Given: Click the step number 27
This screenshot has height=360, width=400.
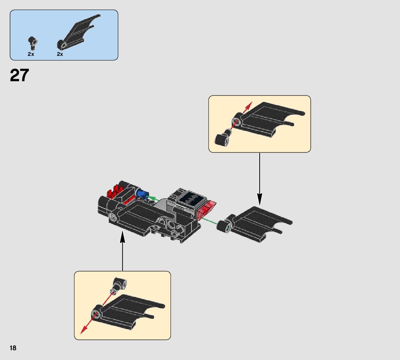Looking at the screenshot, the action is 19,75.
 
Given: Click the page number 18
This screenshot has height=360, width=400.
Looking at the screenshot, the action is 13,348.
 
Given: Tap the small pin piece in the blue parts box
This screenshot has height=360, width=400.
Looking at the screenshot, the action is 33,42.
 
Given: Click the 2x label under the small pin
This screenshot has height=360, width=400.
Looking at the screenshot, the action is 31,54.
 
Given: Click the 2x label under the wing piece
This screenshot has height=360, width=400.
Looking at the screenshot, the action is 60,54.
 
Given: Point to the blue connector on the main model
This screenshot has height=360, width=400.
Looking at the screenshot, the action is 142,194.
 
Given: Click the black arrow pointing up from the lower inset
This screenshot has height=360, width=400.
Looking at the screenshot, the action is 122,252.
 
